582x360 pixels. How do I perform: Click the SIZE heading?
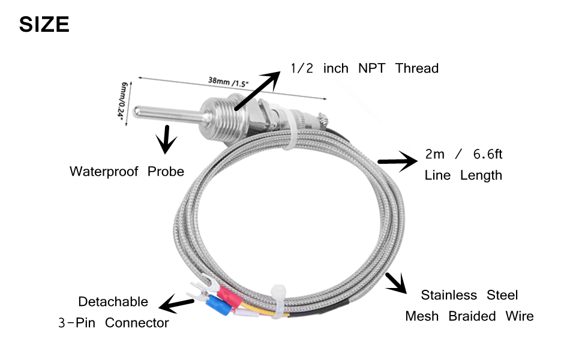tap(44, 25)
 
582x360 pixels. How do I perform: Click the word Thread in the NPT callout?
tap(416, 68)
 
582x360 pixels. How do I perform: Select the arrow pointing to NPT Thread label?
tap(257, 91)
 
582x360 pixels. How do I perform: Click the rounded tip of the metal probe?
tap(138, 112)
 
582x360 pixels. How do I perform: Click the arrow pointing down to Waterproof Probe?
tap(166, 142)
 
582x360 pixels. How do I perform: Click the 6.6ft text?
tap(487, 154)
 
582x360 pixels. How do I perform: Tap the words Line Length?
tap(463, 176)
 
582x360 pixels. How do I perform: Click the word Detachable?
tap(113, 301)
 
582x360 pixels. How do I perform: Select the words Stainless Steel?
tap(469, 295)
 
